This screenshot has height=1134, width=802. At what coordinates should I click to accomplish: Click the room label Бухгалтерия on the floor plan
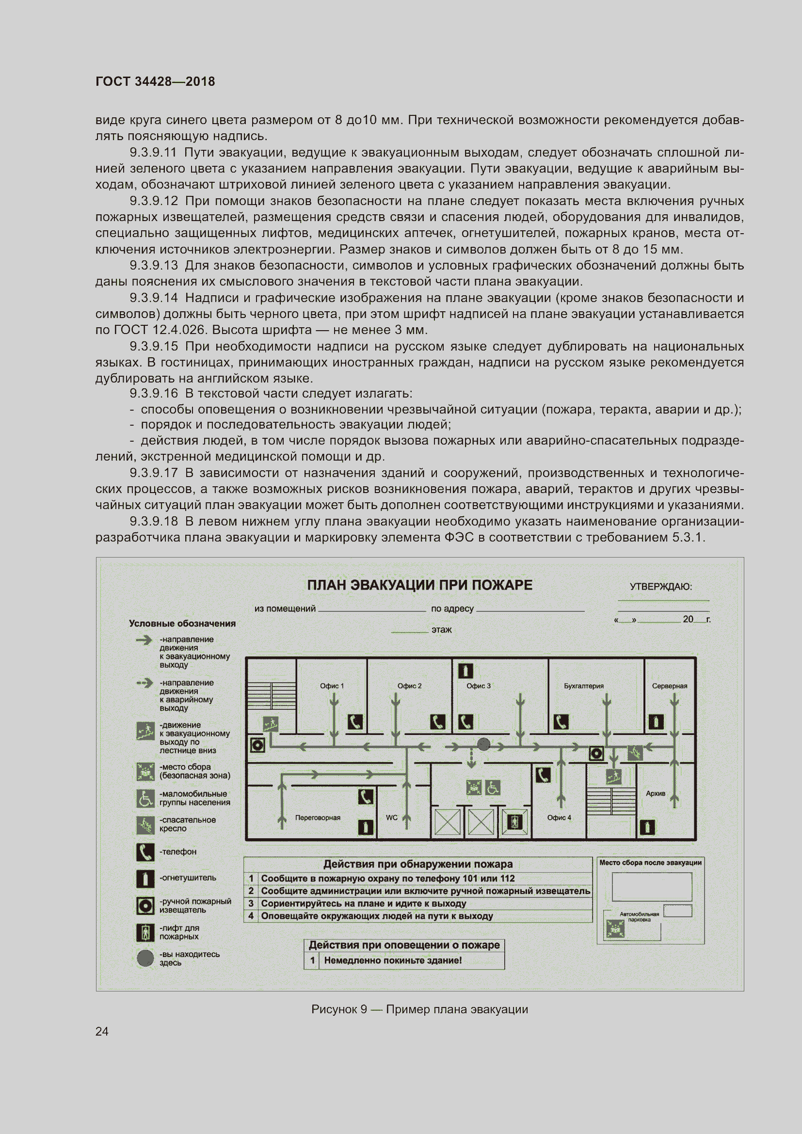click(583, 686)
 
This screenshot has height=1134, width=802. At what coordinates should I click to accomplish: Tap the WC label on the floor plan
click(391, 817)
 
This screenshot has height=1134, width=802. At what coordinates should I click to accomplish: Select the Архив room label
click(656, 793)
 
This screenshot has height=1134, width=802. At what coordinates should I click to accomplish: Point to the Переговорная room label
click(318, 817)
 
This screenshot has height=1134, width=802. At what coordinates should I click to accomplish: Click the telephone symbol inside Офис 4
click(543, 775)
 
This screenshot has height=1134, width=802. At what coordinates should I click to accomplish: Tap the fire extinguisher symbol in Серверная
click(656, 722)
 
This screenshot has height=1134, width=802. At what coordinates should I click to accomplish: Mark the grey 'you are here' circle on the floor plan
click(483, 744)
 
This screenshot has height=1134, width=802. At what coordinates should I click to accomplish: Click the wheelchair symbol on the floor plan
click(492, 787)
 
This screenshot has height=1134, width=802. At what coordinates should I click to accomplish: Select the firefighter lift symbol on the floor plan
click(514, 822)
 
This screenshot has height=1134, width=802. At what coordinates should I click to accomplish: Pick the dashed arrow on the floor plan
click(471, 758)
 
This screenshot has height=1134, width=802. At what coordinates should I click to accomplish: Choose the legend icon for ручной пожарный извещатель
click(144, 905)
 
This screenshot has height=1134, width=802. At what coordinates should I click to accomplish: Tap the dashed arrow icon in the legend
click(144, 684)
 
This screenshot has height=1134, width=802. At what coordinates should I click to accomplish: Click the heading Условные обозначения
click(182, 623)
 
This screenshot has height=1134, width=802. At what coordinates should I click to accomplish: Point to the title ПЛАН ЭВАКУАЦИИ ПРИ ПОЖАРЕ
click(419, 585)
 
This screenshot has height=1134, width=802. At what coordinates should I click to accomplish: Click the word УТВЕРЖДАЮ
click(660, 587)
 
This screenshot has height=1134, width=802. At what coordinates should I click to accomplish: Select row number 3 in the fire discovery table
click(251, 903)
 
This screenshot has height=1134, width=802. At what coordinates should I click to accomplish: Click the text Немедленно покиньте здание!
click(393, 960)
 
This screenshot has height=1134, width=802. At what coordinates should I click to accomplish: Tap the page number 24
click(102, 1031)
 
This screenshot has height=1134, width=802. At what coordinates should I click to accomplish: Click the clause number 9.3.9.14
click(154, 298)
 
